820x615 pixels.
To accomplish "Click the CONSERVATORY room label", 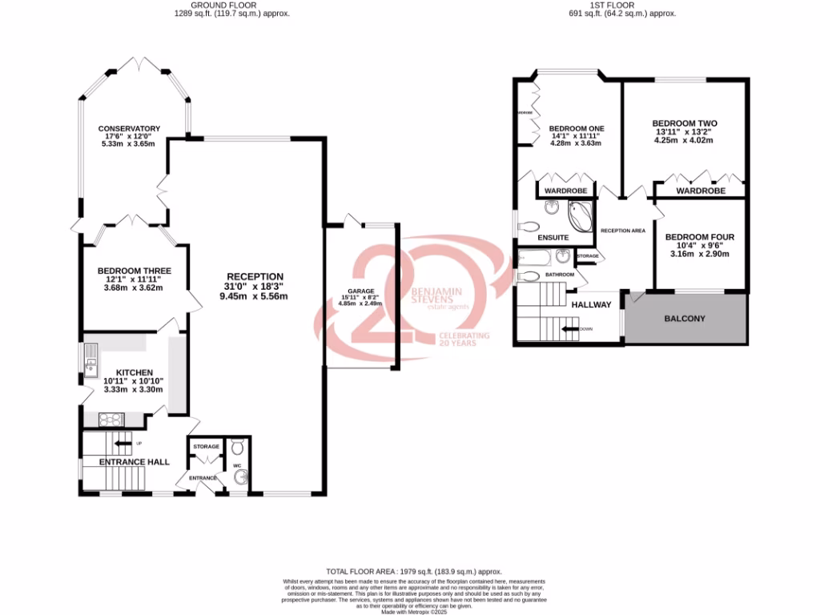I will (129, 129).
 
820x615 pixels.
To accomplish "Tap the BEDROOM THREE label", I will (134, 271).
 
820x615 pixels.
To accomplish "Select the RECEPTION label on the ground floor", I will (254, 276).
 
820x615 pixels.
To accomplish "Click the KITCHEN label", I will (134, 373).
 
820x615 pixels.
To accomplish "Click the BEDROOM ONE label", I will (577, 128).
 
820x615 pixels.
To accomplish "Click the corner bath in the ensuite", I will (579, 215).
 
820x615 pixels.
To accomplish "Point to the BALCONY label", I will (685, 319).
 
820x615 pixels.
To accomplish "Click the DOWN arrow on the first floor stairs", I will (571, 328).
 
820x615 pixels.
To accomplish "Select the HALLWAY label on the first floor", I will (591, 304).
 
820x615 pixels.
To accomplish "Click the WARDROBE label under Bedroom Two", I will (700, 191).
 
